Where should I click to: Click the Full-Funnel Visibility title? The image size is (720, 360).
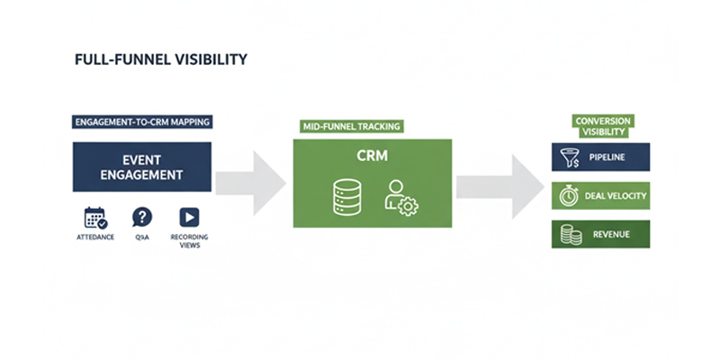pyautogui.click(x=161, y=60)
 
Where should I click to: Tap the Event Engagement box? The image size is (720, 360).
pyautogui.click(x=143, y=166)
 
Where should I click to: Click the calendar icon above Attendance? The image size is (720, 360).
pyautogui.click(x=95, y=217)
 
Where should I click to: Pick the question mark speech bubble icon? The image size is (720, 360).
pyautogui.click(x=142, y=217)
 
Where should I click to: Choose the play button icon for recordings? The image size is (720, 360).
pyautogui.click(x=189, y=217)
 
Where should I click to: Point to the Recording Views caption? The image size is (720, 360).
pyautogui.click(x=189, y=241)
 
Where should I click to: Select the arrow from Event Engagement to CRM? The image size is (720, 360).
pyautogui.click(x=252, y=179)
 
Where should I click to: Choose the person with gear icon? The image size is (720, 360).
pyautogui.click(x=400, y=196)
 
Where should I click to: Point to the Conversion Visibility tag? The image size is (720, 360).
pyautogui.click(x=602, y=126)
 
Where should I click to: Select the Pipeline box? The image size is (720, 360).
pyautogui.click(x=600, y=157)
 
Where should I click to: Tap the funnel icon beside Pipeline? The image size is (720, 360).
pyautogui.click(x=569, y=157)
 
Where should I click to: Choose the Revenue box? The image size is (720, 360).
pyautogui.click(x=600, y=235)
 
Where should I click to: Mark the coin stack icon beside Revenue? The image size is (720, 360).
pyautogui.click(x=569, y=235)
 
